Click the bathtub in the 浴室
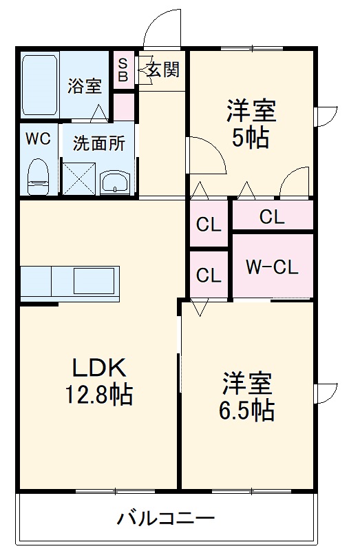(x=41, y=85)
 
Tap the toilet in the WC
(x=39, y=176)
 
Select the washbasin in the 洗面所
(x=114, y=183)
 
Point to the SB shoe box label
(x=123, y=70)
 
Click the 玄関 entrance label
(x=162, y=70)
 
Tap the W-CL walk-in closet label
(x=273, y=267)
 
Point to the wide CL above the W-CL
(x=272, y=216)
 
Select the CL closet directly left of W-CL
(x=209, y=275)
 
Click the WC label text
(x=39, y=138)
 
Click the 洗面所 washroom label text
(x=99, y=143)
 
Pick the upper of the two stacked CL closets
(x=209, y=225)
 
